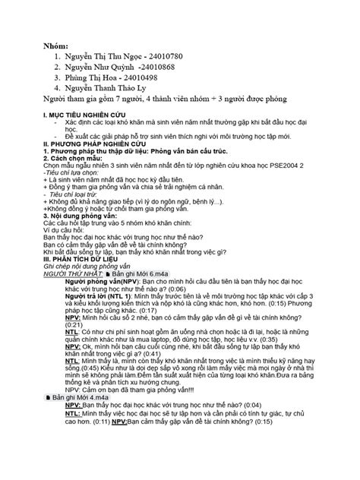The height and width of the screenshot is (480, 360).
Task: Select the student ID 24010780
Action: [159, 57]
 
